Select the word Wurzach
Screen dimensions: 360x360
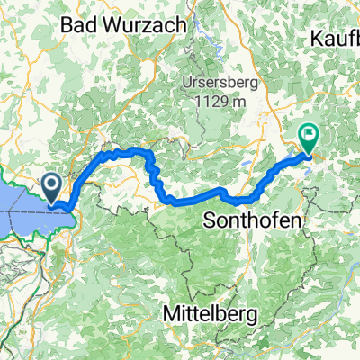coord(143,26)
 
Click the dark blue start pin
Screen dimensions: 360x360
coord(51,187)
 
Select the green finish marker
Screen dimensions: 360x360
coord(309,137)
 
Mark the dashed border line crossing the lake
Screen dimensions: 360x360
coord(22,213)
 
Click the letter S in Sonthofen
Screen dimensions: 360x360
coord(211,219)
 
